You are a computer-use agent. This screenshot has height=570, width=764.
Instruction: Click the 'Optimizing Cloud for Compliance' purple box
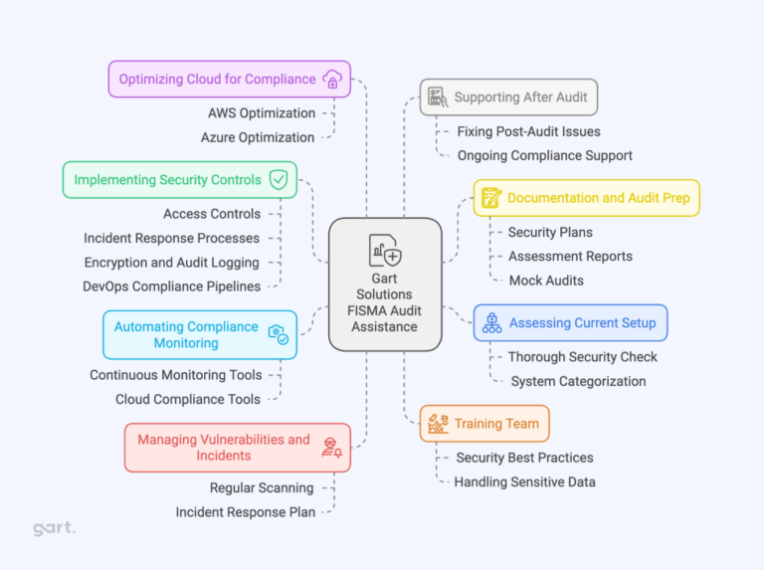coord(229,80)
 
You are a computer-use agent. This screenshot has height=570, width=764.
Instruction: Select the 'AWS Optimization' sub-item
coord(262,113)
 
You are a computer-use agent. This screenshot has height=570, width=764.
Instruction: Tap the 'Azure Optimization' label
coord(258,137)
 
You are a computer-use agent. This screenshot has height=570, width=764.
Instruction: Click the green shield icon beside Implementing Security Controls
coord(279,180)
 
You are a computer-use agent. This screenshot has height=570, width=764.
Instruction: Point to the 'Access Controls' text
coord(212,214)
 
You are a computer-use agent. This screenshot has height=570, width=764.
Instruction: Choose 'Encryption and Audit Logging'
coord(172,263)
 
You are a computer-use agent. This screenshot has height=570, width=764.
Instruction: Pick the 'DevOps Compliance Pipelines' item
coord(171,286)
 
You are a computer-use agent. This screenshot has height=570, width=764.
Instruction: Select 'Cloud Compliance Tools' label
coord(188,399)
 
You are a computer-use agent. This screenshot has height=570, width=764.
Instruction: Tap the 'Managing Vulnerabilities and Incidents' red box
coord(237,448)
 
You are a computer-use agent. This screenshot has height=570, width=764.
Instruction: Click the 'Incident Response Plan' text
coord(246,512)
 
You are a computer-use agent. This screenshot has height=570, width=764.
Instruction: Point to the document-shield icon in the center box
coord(385,250)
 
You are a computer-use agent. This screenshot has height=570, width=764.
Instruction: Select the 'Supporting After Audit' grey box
coord(508,97)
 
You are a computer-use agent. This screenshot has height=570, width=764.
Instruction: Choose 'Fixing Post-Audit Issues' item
coord(528,131)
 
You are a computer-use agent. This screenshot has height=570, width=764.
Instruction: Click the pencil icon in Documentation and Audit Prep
coord(491,198)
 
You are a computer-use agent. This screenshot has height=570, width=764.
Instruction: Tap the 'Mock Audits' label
coord(546,281)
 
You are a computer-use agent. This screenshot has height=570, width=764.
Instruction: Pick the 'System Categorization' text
coord(578,381)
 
